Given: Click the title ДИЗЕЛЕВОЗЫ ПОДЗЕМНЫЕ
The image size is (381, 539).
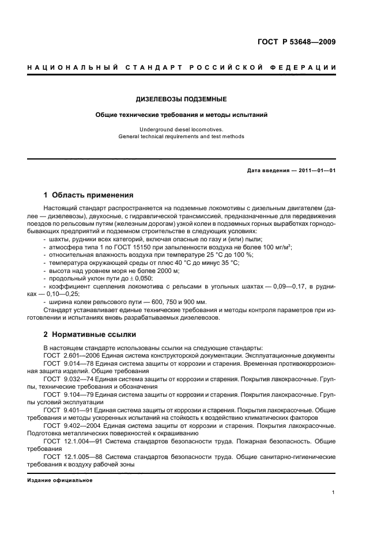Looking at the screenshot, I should point(181,99).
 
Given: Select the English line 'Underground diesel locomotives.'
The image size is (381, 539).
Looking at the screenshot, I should point(181,130).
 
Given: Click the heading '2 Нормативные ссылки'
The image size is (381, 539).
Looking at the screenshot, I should point(89,334).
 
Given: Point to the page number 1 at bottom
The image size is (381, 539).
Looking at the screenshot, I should point(334,492).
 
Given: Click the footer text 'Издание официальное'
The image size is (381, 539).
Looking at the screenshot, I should point(60,480).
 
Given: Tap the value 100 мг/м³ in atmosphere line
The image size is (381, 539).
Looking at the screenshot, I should point(277,247).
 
